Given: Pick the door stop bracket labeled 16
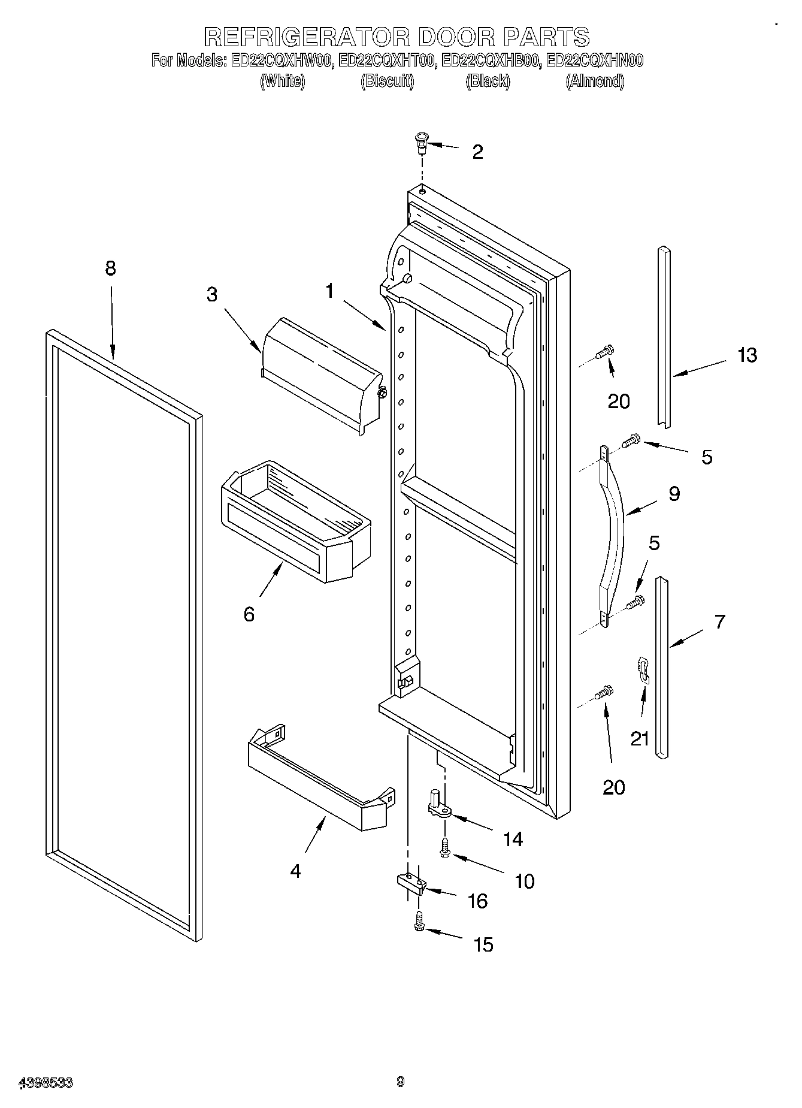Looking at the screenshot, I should tap(410, 882).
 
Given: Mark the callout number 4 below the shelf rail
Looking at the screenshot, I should tap(295, 871).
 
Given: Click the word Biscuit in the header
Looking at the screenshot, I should tap(387, 81).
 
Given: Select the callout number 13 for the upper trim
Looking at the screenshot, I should tap(747, 355).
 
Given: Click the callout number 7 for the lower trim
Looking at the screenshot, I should tap(719, 621).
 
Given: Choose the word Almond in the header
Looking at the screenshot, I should tap(595, 81).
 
